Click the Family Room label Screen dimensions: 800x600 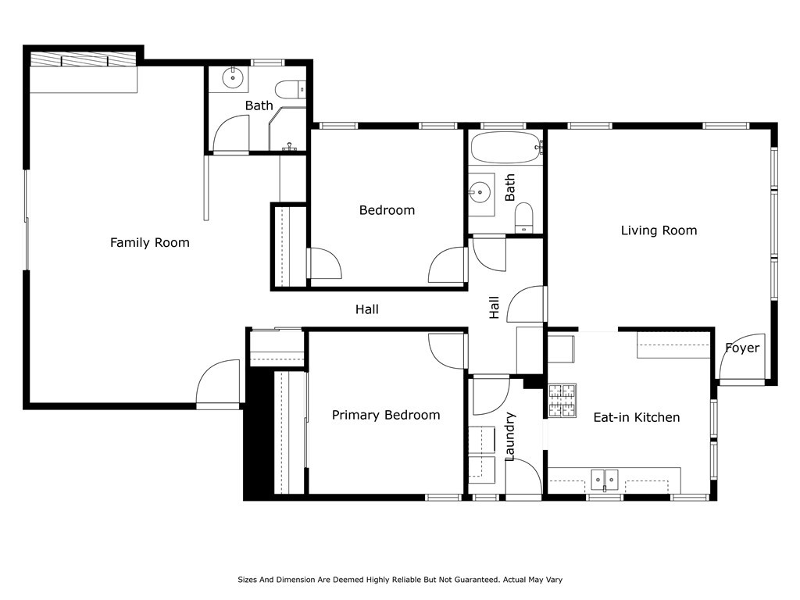149,243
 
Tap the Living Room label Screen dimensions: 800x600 659,230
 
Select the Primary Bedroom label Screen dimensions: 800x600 386,416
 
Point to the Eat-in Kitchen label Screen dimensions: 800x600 636,417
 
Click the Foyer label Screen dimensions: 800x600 742,348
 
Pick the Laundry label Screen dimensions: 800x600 510,437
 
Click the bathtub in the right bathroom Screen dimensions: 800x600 505,148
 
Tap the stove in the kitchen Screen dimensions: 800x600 562,401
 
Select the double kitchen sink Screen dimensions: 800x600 605,480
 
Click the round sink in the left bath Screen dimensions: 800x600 233,78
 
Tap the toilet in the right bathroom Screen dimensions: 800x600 523,218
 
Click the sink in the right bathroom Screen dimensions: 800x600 480,193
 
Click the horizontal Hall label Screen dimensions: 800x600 367,309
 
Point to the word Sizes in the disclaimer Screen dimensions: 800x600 248,580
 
